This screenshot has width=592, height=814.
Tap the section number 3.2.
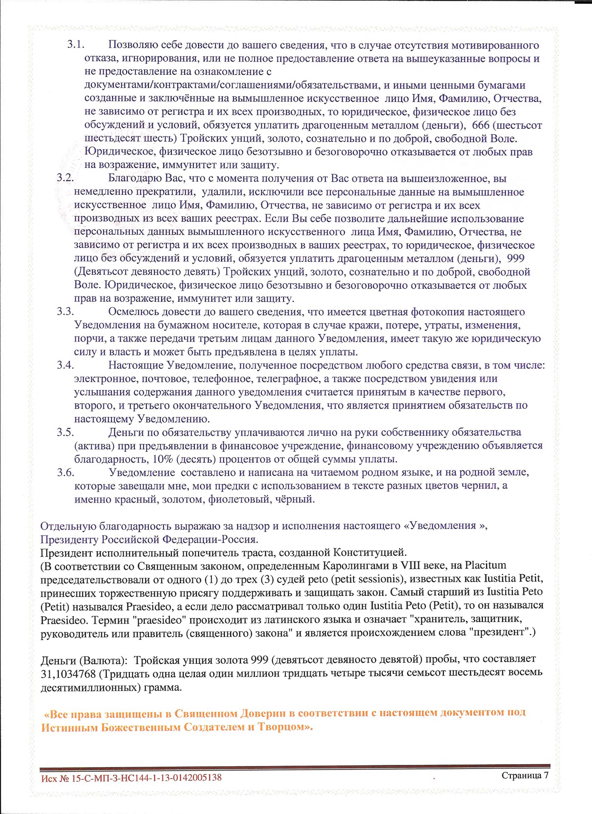tap(65, 178)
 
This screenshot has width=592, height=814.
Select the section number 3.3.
tap(65, 312)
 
